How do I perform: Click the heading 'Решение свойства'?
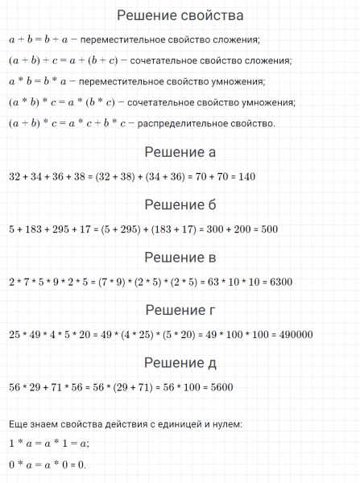tap(180, 15)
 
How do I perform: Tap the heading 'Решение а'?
tap(180, 152)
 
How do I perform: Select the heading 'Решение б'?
tap(180, 204)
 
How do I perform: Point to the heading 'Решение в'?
tap(180, 258)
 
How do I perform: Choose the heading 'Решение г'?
tap(180, 310)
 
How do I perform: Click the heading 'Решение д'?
tap(180, 363)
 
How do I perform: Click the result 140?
tap(245, 176)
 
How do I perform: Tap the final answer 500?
tap(268, 229)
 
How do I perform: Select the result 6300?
tap(278, 282)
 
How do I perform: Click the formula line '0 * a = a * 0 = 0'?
tap(47, 464)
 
